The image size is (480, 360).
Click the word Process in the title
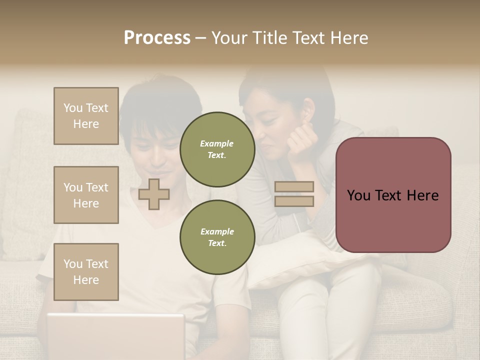(x=157, y=38)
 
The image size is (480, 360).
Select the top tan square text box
(x=86, y=116)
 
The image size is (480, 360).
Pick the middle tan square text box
(x=86, y=195)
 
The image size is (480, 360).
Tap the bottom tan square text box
(x=86, y=272)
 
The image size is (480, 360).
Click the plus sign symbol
(x=153, y=194)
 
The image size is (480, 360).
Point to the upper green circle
(x=217, y=149)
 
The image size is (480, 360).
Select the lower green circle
(x=217, y=237)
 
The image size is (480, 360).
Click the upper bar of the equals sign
(x=294, y=186)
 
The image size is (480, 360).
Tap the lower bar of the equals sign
(x=294, y=201)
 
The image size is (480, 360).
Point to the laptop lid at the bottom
(x=115, y=335)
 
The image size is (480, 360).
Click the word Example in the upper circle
(x=217, y=143)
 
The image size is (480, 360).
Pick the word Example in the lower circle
(x=217, y=231)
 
